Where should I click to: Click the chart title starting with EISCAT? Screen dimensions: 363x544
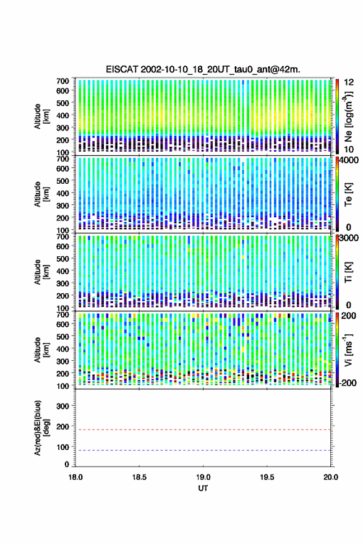pos(203,69)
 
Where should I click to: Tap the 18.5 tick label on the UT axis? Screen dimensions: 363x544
pos(139,477)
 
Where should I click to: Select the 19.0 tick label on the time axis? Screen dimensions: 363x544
pos(203,477)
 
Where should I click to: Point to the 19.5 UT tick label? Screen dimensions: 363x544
pos(267,477)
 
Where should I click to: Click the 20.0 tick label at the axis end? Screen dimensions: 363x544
pos(330,477)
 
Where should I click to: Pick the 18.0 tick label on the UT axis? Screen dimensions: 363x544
pos(75,477)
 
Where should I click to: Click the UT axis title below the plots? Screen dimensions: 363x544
pos(203,488)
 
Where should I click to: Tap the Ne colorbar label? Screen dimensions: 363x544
pos(348,116)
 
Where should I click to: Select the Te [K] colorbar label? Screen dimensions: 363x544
pos(348,194)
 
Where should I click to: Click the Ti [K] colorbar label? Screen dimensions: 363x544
pos(348,272)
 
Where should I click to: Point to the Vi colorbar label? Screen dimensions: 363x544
pos(348,350)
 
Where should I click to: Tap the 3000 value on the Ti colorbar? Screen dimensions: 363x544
pos(350,238)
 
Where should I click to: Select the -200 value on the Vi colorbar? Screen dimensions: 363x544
pos(348,383)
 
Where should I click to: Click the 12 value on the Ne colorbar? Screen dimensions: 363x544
pos(349,82)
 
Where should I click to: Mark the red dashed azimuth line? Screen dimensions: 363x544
pos(203,430)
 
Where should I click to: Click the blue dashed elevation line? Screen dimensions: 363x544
pos(203,450)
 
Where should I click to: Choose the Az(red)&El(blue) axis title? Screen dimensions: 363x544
pos(41,428)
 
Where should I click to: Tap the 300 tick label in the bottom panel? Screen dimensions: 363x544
pos(63,406)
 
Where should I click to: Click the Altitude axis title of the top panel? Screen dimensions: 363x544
pos(41,116)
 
